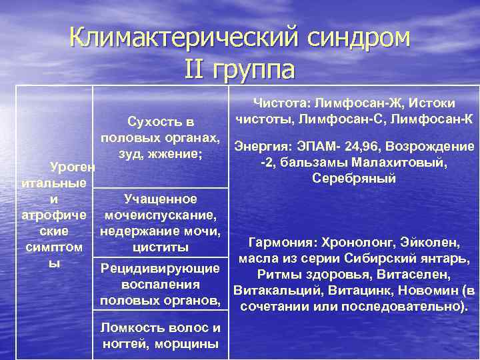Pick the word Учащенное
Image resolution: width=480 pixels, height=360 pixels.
click(160, 199)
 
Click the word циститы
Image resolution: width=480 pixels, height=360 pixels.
click(161, 247)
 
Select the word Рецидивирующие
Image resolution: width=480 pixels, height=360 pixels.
click(160, 269)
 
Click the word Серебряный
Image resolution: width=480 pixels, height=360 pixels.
click(353, 178)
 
